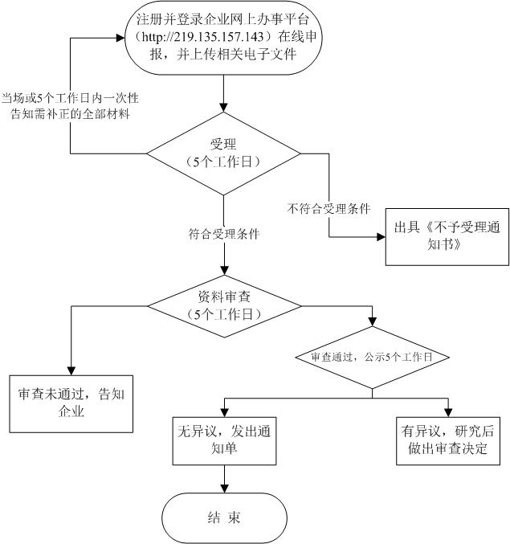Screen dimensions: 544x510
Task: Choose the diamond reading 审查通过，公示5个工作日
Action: [372, 356]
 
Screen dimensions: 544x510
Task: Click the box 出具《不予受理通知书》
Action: [446, 239]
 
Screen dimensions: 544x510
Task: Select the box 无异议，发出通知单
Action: [222, 437]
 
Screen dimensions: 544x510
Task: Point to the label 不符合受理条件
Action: [328, 208]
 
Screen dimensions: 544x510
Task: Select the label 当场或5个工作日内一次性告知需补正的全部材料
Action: [71, 105]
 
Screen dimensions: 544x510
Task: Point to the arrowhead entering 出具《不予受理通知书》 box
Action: [380, 238]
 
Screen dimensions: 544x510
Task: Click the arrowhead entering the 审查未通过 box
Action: [71, 368]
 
